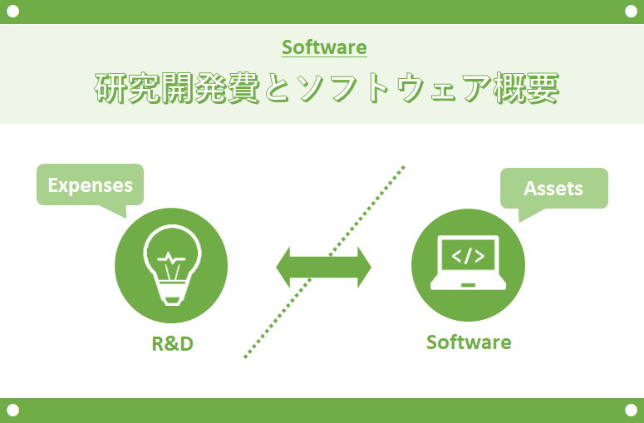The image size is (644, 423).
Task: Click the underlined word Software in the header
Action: (324, 47)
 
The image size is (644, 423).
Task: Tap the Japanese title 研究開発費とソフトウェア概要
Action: (327, 88)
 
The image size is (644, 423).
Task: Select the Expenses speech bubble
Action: (91, 184)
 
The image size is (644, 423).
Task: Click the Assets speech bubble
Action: (553, 189)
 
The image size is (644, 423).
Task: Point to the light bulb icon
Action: (172, 265)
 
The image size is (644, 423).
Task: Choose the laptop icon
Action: (468, 263)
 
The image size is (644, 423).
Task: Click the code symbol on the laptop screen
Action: (468, 256)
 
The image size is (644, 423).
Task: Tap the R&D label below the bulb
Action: (173, 344)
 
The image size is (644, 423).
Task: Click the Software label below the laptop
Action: (469, 342)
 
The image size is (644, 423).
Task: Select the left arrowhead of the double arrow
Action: (283, 267)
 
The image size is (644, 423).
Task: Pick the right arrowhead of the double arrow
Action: (364, 267)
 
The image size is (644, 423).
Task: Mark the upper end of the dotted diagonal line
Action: (404, 167)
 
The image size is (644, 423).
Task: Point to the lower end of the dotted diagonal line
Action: (245, 357)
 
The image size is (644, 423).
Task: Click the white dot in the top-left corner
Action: (12, 12)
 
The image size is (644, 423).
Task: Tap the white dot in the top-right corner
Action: (631, 12)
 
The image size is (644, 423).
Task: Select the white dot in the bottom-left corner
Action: (12, 410)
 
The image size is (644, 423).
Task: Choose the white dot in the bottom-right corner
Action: (631, 410)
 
